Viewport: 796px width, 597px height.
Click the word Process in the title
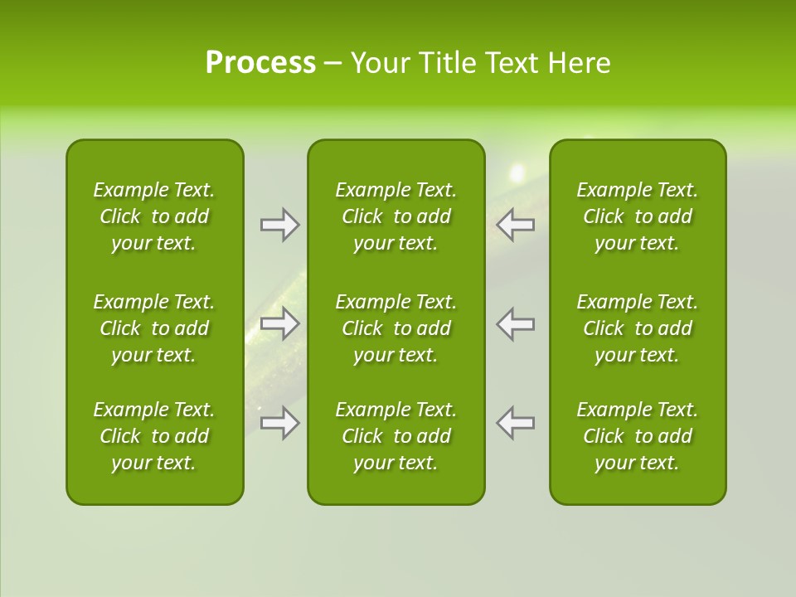260,63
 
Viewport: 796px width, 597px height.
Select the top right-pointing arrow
279,225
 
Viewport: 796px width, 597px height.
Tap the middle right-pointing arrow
279,323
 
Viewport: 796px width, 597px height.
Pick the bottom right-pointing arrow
279,423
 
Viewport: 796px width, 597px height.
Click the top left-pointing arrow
515,225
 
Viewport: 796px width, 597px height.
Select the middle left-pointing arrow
515,323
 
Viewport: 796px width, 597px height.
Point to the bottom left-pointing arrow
515,423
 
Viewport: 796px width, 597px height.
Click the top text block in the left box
154,216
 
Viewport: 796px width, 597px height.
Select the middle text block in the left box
154,328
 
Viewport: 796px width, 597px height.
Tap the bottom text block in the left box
154,436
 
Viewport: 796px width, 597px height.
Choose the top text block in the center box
396,216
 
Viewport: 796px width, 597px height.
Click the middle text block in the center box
396,328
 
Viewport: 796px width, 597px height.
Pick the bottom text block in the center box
396,436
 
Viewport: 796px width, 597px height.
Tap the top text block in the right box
638,216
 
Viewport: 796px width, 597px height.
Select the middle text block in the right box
638,328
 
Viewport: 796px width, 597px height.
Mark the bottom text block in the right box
638,436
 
